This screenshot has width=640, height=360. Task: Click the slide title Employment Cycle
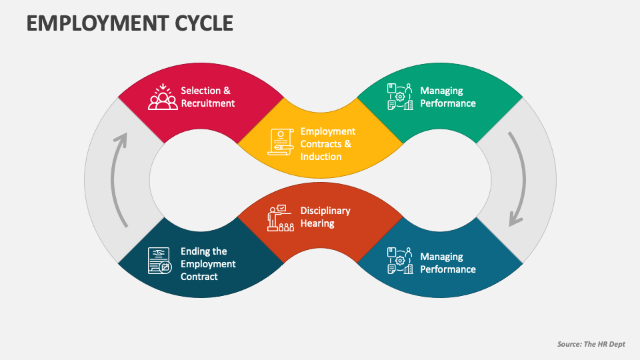click(130, 23)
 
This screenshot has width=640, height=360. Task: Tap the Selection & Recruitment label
click(207, 97)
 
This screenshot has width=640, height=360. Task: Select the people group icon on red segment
click(163, 97)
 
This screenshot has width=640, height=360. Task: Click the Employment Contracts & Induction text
click(327, 144)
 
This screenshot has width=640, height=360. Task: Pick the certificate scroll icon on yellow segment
click(281, 142)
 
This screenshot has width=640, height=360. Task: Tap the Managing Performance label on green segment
click(447, 97)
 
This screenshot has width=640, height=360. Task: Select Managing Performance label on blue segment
click(447, 263)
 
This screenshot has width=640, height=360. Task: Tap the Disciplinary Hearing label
click(325, 217)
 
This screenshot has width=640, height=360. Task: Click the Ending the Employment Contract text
click(208, 263)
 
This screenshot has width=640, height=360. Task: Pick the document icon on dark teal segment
click(160, 260)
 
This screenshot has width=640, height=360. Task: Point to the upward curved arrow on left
click(119, 180)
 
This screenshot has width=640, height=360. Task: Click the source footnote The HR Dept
click(591, 344)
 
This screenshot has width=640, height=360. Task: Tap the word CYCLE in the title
click(200, 23)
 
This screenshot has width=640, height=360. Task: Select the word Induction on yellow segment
click(321, 157)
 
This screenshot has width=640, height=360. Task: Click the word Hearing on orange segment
click(317, 223)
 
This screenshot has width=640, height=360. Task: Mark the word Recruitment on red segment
click(207, 103)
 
